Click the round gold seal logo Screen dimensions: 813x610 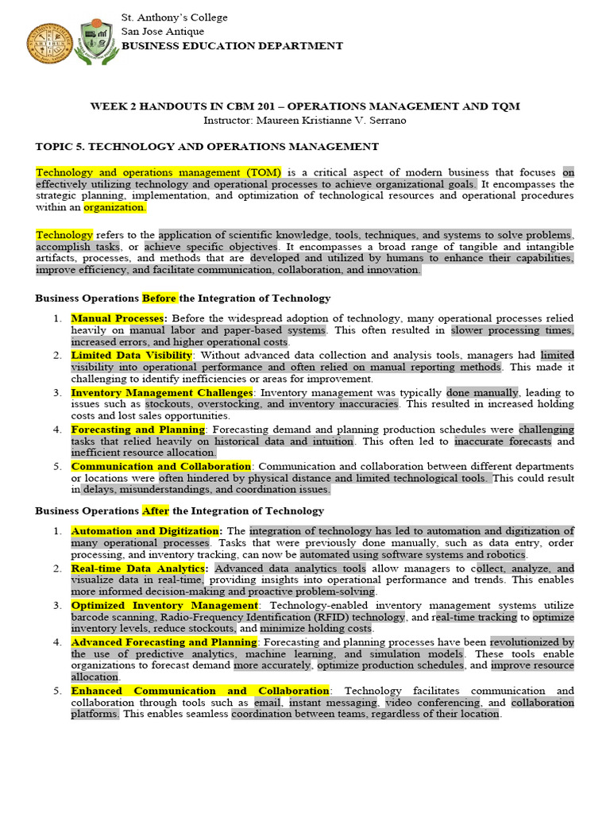50,44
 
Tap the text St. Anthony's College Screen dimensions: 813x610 174,17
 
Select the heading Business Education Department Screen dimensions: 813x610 232,46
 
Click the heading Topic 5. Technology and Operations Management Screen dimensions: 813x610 207,146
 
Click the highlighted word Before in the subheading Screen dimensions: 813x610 160,299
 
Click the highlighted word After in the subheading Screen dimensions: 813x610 156,511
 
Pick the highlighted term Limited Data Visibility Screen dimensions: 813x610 131,356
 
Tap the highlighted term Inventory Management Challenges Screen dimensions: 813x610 161,392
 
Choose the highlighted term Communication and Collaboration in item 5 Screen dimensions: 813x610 161,467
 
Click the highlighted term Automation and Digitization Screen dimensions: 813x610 145,531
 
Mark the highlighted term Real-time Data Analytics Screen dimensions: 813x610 140,568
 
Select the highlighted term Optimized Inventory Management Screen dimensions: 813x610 164,606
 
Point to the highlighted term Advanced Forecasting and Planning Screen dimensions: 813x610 164,642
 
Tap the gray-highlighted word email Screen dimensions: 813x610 268,703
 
